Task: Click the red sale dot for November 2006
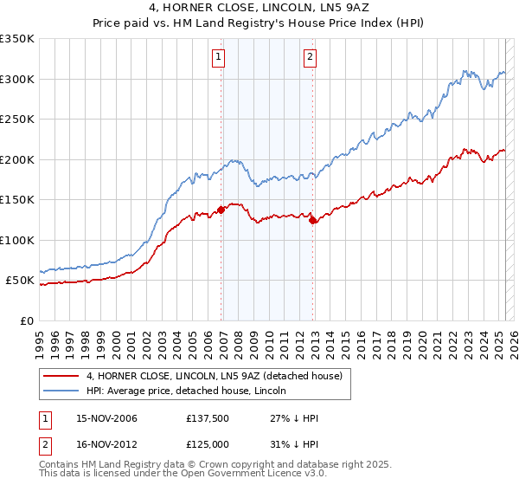[221, 209]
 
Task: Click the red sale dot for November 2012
[312, 221]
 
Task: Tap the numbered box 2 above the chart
[309, 58]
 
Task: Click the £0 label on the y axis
[26, 320]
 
